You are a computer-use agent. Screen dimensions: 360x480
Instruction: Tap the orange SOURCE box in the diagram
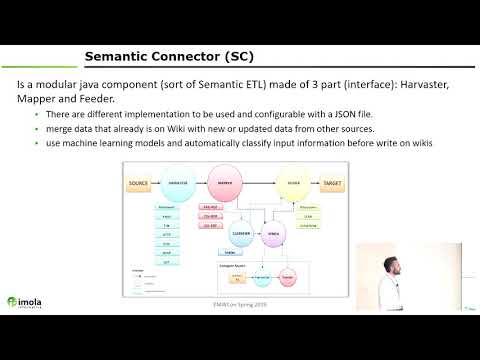138,185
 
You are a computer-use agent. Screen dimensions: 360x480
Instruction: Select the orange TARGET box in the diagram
332,185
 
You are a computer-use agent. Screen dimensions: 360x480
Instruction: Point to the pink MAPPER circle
225,185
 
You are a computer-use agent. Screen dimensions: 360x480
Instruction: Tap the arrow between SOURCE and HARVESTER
155,185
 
